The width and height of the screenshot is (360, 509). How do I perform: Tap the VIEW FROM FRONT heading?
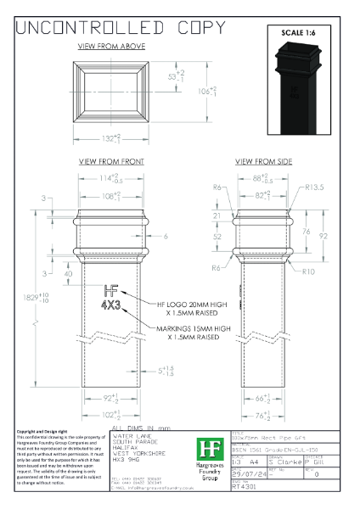tap(111, 160)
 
